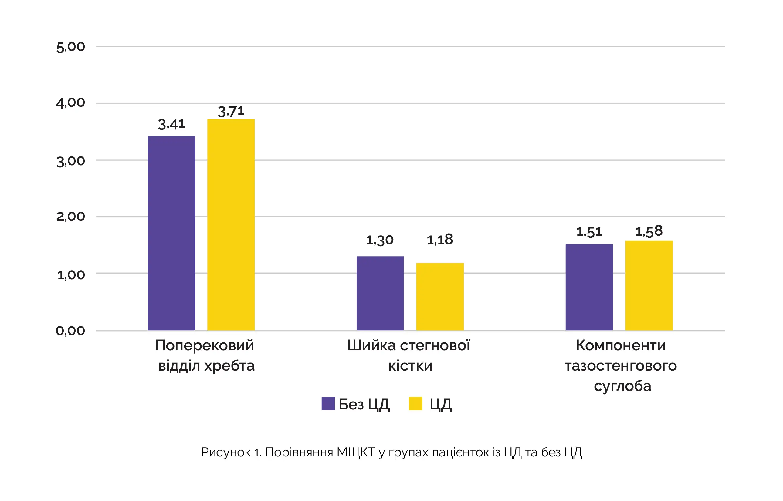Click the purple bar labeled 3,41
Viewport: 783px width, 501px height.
(171, 233)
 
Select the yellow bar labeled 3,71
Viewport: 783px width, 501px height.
(231, 225)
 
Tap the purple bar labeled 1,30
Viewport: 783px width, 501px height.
(380, 294)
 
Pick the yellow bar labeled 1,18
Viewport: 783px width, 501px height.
(440, 297)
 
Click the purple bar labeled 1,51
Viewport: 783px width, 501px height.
(589, 287)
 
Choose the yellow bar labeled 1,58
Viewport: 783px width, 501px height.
(649, 286)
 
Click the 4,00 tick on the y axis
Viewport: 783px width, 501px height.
(71, 103)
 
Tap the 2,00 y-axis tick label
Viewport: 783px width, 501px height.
(71, 217)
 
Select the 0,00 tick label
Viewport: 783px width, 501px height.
(71, 331)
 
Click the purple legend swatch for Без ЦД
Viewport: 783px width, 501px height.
(328, 403)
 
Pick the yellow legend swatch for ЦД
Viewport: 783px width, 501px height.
(415, 403)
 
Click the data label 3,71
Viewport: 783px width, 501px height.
(231, 111)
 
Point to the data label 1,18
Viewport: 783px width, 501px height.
(440, 240)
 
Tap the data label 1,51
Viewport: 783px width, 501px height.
(589, 232)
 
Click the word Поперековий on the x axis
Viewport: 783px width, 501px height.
(205, 345)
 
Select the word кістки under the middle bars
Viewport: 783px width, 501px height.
(410, 366)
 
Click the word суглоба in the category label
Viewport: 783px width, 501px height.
(622, 386)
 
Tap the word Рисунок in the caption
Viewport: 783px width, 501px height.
(225, 452)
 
